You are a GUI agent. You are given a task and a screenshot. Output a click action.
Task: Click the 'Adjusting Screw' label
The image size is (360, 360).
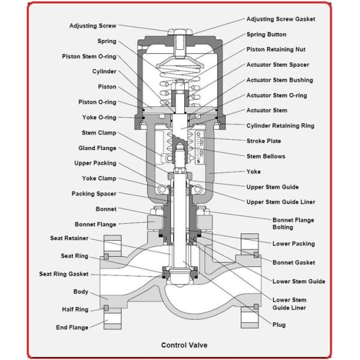92,26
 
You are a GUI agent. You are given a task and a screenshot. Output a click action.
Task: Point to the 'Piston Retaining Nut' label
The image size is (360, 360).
276,49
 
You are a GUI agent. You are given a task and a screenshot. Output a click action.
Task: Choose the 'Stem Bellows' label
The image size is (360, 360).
266,157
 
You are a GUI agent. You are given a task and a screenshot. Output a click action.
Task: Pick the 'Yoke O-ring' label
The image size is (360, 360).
99,118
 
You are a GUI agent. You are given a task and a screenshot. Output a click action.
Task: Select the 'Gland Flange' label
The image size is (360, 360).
97,148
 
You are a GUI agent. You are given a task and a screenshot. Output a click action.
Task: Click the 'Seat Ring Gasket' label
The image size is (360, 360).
64,274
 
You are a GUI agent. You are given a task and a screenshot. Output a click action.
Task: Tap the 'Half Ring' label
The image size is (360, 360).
75,310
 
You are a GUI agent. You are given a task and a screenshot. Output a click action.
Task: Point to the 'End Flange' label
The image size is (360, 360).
73,328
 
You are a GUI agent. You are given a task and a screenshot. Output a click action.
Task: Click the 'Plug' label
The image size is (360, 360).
279,325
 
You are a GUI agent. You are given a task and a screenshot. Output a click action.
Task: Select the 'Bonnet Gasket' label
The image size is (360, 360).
293,262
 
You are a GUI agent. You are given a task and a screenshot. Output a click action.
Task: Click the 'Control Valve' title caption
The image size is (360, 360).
184,345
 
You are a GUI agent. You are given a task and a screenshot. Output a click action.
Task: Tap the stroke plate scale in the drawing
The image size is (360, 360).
199,150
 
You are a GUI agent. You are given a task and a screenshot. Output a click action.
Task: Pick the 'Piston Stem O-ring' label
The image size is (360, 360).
89,56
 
